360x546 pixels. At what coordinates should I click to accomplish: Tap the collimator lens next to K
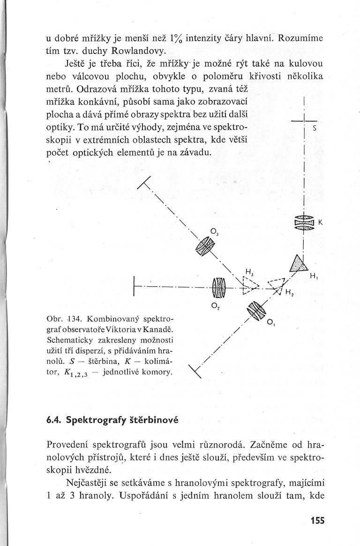point(304,222)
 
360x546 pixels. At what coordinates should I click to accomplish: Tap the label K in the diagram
point(320,223)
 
